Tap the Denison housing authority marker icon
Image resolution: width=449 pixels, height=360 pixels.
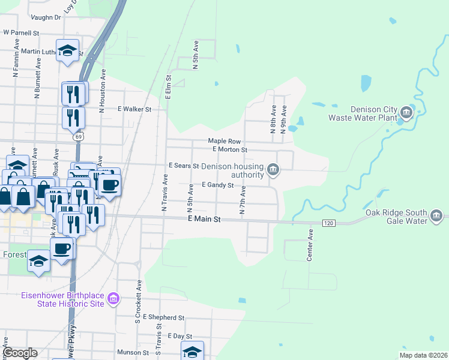click(273, 170)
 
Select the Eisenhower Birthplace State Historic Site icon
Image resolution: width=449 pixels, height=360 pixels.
click(112, 298)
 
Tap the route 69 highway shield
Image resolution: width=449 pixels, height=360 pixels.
click(78, 137)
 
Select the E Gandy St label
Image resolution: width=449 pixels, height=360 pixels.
click(217, 185)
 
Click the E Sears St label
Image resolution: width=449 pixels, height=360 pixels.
click(183, 165)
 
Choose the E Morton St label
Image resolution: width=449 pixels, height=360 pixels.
click(230, 149)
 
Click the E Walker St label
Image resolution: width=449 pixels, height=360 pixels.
click(134, 109)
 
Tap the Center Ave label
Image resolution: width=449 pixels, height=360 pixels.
click(310, 244)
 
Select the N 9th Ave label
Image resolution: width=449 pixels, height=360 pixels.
click(284, 119)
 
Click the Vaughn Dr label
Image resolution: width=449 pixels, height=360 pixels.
click(47, 18)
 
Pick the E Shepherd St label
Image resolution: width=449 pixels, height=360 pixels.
click(163, 317)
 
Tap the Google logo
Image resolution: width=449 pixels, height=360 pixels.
click(20, 353)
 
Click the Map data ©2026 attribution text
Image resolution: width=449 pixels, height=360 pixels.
click(423, 355)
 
